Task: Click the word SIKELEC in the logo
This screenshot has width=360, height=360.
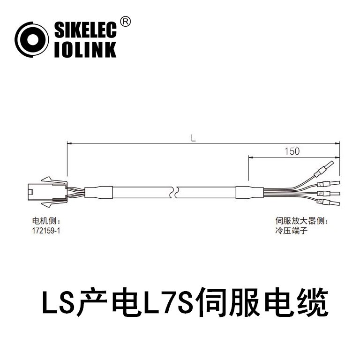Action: tap(85, 30)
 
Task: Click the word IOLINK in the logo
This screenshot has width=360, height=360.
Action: tap(85, 50)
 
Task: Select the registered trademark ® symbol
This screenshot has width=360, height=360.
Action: tap(126, 21)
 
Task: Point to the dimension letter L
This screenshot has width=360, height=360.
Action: tap(193, 138)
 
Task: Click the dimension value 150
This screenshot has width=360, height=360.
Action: tap(291, 151)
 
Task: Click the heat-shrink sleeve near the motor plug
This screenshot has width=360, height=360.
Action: tap(100, 192)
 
